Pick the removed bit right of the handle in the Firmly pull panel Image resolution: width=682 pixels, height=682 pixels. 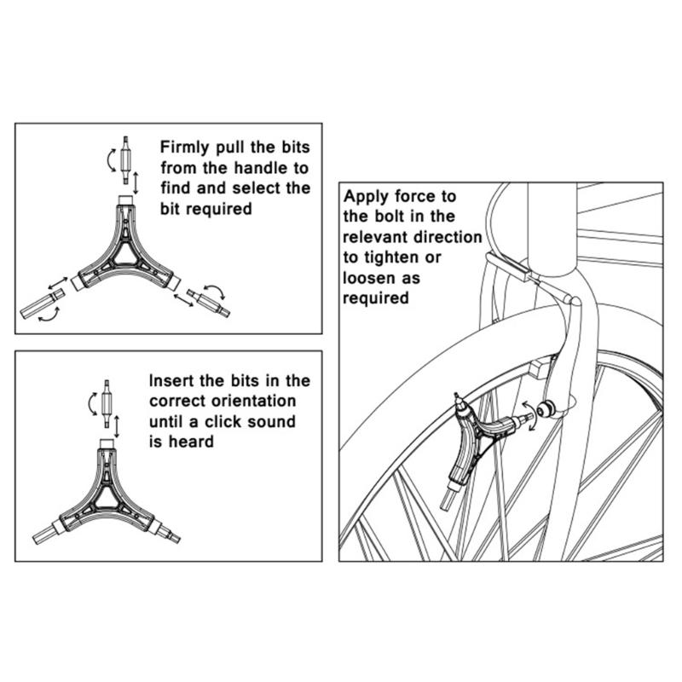tap(209, 302)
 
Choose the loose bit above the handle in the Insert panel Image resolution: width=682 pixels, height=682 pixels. tap(107, 402)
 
